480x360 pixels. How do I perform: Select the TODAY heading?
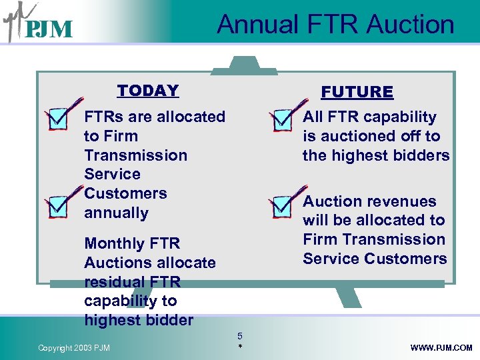click(148, 91)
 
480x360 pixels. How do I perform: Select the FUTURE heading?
click(357, 92)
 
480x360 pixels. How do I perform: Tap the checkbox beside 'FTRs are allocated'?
click(59, 119)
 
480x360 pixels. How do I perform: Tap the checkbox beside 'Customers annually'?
click(59, 205)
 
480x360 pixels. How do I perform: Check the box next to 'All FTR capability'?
click(283, 119)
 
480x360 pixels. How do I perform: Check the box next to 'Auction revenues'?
click(283, 205)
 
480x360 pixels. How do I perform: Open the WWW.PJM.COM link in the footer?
click(441, 348)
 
